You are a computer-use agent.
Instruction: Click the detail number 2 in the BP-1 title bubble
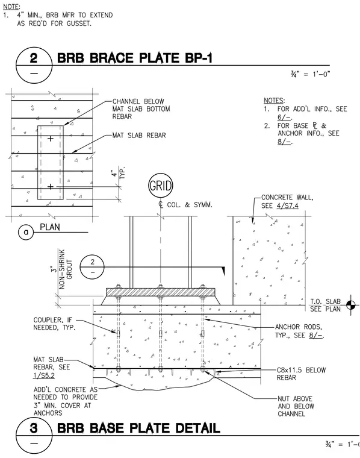pyautogui.click(x=34, y=57)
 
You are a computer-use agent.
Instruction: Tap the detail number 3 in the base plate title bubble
pyautogui.click(x=34, y=428)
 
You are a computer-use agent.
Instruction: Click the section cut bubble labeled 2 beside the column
pyautogui.click(x=92, y=267)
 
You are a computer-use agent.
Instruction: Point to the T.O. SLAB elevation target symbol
pyautogui.click(x=351, y=306)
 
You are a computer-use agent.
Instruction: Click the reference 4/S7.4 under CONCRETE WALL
pyautogui.click(x=288, y=206)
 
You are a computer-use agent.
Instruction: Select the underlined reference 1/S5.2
pyautogui.click(x=44, y=375)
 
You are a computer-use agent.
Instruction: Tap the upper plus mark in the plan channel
pyautogui.click(x=51, y=139)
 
